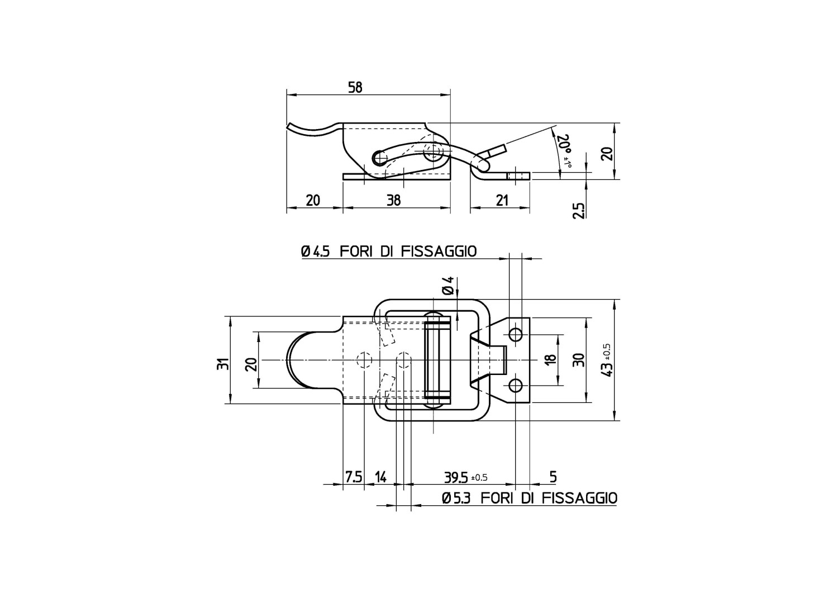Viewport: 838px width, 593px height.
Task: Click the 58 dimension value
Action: click(x=355, y=88)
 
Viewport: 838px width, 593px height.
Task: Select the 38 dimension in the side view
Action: click(x=393, y=200)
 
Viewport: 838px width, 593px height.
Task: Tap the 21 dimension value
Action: click(x=502, y=200)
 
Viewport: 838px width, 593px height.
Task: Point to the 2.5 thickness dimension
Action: click(x=579, y=210)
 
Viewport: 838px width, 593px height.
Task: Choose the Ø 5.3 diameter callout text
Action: click(x=455, y=499)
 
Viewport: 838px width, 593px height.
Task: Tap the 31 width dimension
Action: click(x=222, y=364)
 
